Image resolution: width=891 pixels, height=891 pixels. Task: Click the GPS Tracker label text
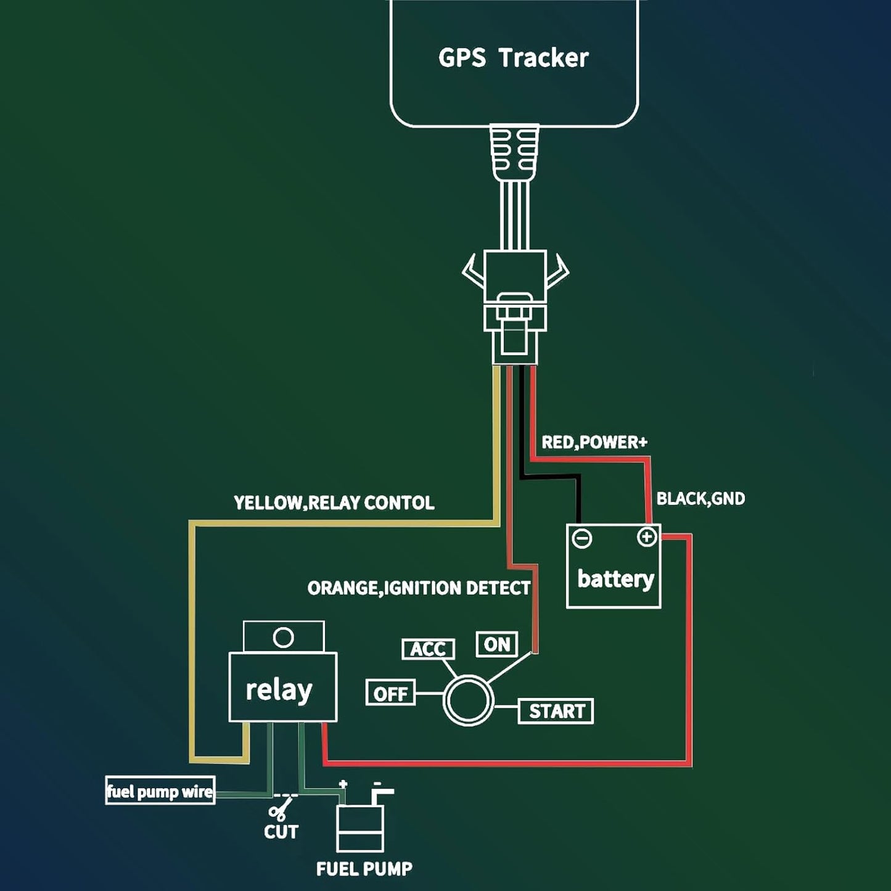pos(513,57)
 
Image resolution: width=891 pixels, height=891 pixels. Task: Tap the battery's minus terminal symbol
pos(581,538)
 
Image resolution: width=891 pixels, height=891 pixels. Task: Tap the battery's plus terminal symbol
pos(646,537)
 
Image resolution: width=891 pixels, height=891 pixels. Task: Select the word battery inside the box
pos(615,578)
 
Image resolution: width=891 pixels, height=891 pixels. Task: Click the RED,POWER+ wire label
pos(594,442)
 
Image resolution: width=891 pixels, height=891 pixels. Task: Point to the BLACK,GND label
pos(700,498)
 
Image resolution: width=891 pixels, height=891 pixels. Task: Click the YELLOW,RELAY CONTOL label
pos(334,503)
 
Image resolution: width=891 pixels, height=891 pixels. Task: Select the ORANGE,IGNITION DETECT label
pos(419,588)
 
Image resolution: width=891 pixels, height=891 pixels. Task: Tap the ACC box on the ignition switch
pos(428,649)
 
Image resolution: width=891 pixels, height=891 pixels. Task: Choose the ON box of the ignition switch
pos(497,644)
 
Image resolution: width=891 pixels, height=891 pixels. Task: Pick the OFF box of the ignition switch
pos(390,693)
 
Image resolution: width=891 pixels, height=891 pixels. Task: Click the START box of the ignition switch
pos(556,711)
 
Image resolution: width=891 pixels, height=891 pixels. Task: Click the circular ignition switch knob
pos(469,700)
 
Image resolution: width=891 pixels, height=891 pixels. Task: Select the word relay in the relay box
pos(279,689)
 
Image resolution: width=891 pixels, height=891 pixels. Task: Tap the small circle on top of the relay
pos(283,637)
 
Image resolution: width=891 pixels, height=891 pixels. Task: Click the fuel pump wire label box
pos(160,791)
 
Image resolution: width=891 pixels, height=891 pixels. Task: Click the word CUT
pos(281,832)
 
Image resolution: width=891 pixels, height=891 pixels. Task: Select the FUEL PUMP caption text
pos(364,869)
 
